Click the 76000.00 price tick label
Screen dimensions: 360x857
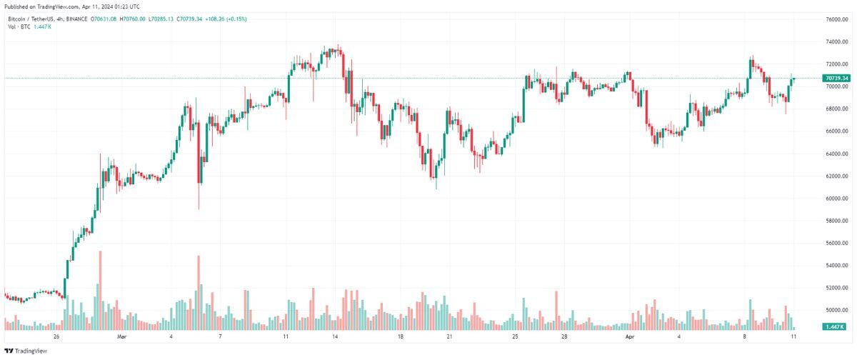[x=836, y=19]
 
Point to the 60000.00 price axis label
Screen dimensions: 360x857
[x=836, y=199]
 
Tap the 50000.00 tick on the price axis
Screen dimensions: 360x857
[x=836, y=310]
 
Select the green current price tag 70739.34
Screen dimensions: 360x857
[x=836, y=78]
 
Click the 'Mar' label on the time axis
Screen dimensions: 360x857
[x=121, y=336]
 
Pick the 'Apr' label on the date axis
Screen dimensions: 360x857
[x=629, y=336]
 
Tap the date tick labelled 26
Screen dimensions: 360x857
[x=56, y=336]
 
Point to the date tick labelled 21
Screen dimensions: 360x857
[x=449, y=336]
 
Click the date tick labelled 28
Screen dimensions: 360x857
[x=563, y=336]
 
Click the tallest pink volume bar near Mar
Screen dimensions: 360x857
[x=101, y=289]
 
